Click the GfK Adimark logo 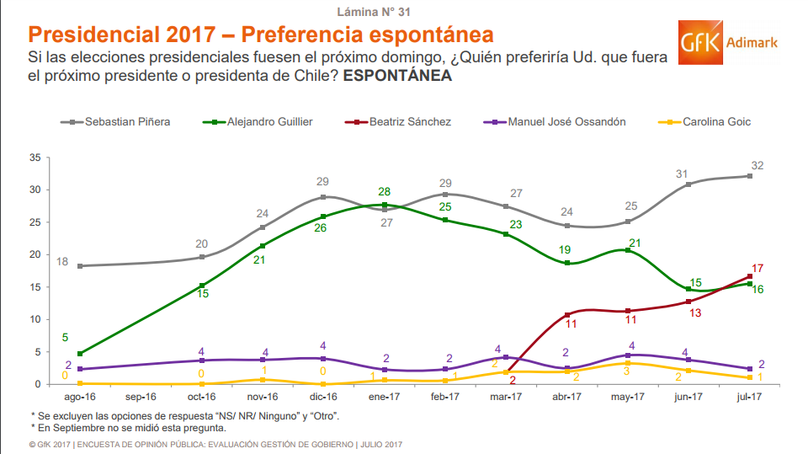pos(728,45)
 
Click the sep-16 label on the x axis pos(140,397)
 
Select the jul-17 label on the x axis pos(748,397)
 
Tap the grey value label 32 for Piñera pos(757,165)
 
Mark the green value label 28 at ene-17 pos(385,192)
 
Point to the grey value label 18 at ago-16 pos(62,262)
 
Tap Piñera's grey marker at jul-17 pos(748,176)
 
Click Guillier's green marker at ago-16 pos(80,354)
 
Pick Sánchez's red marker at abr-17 pos(568,315)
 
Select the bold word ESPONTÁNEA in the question pos(397,76)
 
